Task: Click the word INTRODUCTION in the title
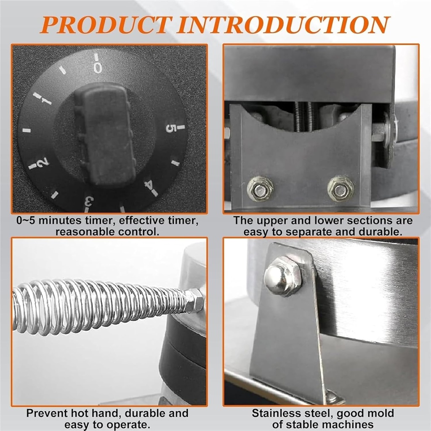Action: tap(284, 25)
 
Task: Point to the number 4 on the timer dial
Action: tap(149, 185)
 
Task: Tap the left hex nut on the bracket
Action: tap(259, 189)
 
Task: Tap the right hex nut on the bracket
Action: tap(341, 189)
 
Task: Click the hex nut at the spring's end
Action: tap(194, 300)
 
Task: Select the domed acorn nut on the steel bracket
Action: tap(283, 276)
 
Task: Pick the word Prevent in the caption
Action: tap(47, 413)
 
